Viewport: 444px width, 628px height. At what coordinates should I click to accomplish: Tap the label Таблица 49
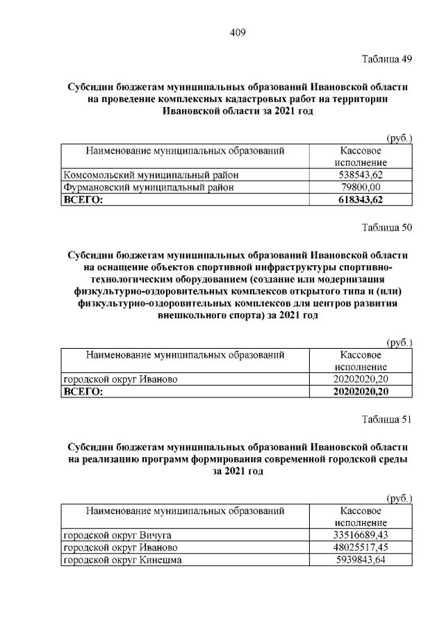click(x=387, y=58)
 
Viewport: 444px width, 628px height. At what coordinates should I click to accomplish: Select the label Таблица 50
click(x=387, y=227)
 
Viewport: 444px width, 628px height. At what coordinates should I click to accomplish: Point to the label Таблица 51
click(x=387, y=419)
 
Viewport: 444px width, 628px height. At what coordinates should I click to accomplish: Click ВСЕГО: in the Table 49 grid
click(x=83, y=199)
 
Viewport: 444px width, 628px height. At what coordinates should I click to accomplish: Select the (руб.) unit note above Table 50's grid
click(x=399, y=342)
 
